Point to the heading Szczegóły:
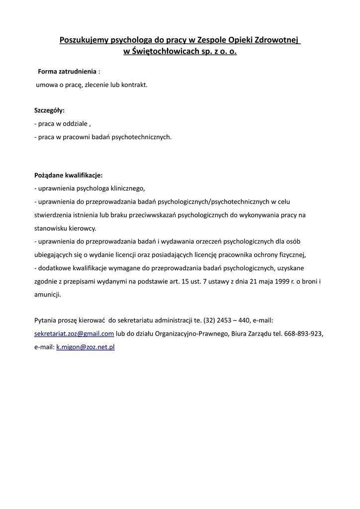click(49, 110)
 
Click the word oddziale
click(75, 124)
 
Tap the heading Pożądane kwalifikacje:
click(68, 175)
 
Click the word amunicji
click(48, 294)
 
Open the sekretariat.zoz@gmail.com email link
click(74, 334)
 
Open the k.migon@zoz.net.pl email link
click(86, 347)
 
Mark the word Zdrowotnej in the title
click(278, 39)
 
